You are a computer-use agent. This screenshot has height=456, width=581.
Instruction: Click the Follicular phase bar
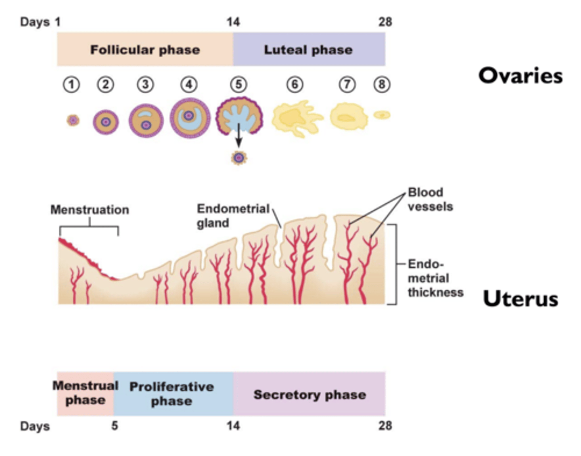click(145, 50)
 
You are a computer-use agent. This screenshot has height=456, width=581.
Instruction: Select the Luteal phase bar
click(309, 50)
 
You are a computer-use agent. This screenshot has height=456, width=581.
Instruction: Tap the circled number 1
click(71, 85)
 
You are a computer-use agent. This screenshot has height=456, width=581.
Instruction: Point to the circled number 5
click(238, 85)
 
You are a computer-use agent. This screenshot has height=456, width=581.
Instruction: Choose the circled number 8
click(382, 85)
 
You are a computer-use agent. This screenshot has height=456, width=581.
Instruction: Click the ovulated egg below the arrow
click(239, 158)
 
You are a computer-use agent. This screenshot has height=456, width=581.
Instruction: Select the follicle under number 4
click(190, 119)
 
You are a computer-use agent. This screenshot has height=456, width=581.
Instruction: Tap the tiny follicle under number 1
click(73, 120)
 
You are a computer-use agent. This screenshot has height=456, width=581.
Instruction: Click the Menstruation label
click(90, 210)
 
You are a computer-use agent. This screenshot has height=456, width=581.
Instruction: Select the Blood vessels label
click(430, 199)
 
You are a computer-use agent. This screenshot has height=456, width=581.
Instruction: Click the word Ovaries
click(520, 76)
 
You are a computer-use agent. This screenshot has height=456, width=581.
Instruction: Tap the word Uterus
click(520, 299)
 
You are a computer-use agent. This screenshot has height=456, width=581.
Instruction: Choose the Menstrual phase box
click(85, 394)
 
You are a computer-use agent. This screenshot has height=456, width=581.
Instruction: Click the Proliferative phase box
click(172, 394)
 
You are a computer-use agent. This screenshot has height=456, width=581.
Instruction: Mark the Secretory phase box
click(309, 394)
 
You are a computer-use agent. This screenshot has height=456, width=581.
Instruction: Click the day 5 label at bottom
click(115, 426)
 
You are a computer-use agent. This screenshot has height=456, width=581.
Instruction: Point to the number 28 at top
click(385, 22)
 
